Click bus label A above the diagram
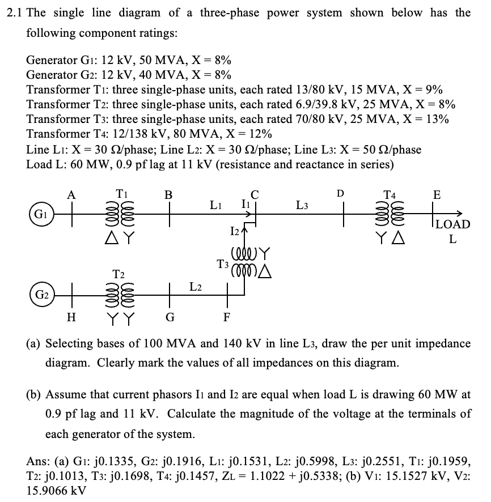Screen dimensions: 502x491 click(71, 195)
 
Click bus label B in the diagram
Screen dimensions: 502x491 click(168, 195)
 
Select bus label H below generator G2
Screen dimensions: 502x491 click(71, 318)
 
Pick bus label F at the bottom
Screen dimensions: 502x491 click(226, 318)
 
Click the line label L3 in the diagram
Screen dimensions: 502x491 click(302, 205)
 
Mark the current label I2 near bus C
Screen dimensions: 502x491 click(235, 230)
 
